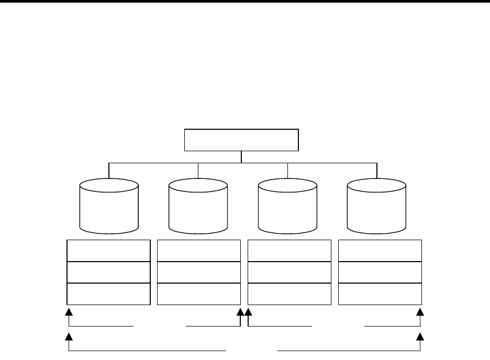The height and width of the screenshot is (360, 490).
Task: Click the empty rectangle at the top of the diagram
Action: point(241,139)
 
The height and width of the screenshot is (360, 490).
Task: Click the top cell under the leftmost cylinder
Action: point(109,251)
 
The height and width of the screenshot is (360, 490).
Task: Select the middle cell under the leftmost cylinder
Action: point(109,272)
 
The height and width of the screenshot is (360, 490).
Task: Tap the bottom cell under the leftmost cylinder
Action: point(109,294)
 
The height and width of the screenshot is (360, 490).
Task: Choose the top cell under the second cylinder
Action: point(199,251)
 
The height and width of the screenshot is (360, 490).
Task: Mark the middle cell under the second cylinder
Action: point(199,272)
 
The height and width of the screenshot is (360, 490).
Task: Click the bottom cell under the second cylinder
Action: point(199,294)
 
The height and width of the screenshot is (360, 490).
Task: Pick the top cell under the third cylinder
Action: point(289,251)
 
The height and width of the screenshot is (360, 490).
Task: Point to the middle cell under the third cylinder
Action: point(289,272)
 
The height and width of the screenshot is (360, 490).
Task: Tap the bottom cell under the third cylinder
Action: point(289,294)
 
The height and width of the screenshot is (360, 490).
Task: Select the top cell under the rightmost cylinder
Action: point(380,251)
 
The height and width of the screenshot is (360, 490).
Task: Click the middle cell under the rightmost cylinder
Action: point(380,272)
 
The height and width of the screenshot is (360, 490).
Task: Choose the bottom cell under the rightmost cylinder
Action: point(380,294)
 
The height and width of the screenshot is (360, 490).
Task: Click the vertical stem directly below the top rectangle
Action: point(241,156)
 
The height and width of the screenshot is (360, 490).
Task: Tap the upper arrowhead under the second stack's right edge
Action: point(241,312)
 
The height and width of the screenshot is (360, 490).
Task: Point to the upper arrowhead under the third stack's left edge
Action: point(249,312)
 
